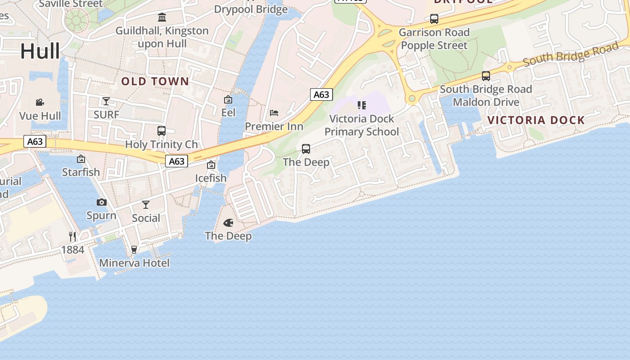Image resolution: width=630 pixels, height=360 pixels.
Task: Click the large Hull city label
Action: point(40,51)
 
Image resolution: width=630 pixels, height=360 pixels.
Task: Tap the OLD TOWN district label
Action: point(155,81)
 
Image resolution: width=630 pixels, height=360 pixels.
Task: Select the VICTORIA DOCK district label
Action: point(536,120)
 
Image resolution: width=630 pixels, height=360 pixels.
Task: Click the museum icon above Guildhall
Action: point(162,18)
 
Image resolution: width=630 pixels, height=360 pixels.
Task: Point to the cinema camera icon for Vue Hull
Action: point(40,103)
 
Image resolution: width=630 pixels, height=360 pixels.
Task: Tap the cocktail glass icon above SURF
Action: point(106,101)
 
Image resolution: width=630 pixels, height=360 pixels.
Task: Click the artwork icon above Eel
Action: point(228,99)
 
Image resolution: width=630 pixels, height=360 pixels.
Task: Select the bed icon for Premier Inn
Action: point(274,113)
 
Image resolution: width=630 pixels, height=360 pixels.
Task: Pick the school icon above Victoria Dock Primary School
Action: point(361,105)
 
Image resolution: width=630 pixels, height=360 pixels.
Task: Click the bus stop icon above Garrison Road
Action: point(434,19)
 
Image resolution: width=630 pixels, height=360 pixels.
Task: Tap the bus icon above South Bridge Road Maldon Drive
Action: point(486,76)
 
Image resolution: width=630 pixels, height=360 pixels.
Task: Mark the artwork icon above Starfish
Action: point(81,158)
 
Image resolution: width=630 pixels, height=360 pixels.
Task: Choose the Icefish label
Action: point(211,178)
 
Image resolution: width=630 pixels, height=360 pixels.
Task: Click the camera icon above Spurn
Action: point(102,202)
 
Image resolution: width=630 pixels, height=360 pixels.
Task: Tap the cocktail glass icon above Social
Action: point(146,205)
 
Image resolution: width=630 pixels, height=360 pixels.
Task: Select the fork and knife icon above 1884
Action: point(72,236)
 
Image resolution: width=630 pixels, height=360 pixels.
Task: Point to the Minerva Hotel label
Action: point(134,263)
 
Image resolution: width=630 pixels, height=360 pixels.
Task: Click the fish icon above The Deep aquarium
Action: point(228,223)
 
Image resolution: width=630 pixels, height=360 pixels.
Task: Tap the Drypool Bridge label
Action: point(251,9)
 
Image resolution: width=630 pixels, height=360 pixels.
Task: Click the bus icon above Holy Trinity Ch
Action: point(162,131)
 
